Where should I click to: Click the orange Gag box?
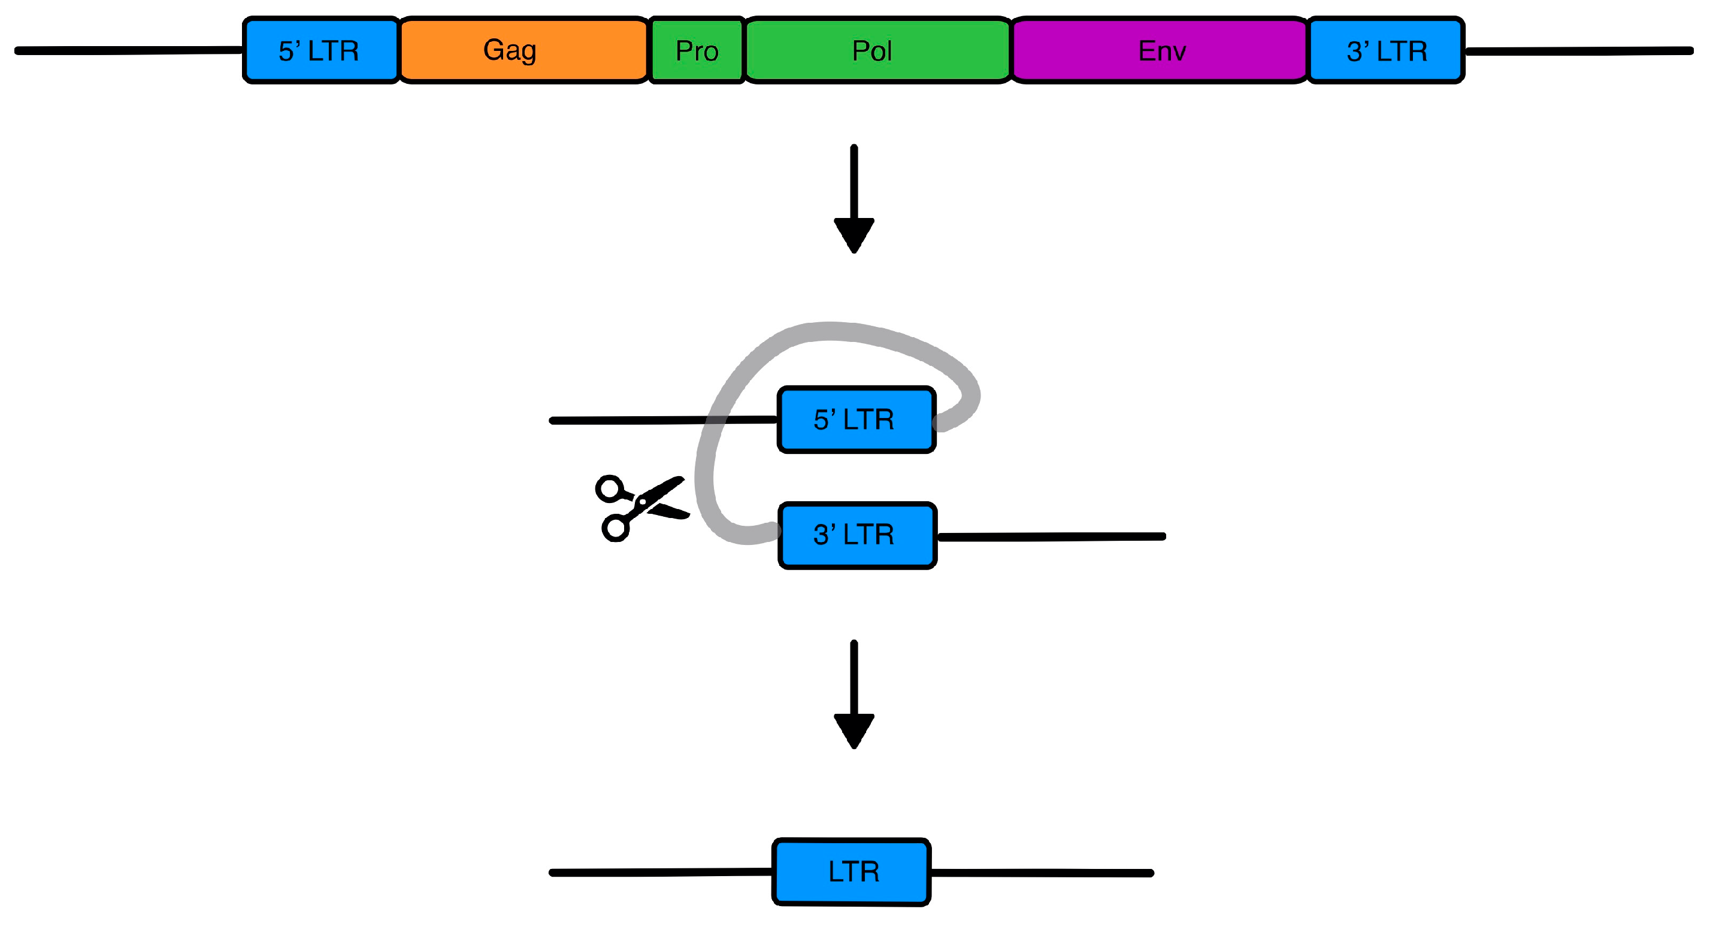click(523, 51)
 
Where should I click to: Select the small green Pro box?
click(696, 51)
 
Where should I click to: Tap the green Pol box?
click(877, 51)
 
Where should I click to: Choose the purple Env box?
click(1160, 51)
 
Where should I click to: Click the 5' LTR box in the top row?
click(320, 51)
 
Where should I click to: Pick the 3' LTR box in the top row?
click(1385, 51)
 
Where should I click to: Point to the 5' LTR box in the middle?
click(856, 420)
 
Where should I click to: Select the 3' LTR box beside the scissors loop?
click(857, 535)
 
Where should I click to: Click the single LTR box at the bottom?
click(851, 872)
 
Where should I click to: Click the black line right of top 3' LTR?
click(1579, 51)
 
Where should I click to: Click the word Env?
click(1162, 52)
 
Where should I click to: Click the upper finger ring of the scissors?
click(609, 489)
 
